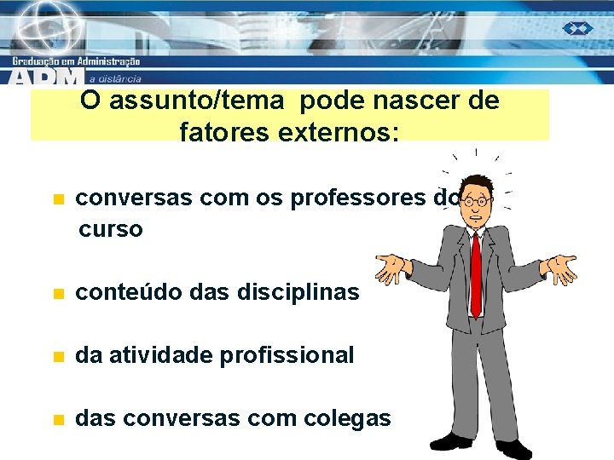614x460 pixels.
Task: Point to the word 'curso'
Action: click(x=111, y=230)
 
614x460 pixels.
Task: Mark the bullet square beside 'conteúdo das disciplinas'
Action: click(x=57, y=294)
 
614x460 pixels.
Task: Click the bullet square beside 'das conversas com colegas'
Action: click(x=57, y=420)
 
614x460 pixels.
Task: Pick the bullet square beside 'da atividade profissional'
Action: click(x=57, y=357)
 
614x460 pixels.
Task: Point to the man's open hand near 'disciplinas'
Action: click(x=394, y=268)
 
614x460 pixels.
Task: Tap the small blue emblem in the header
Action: click(x=577, y=28)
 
